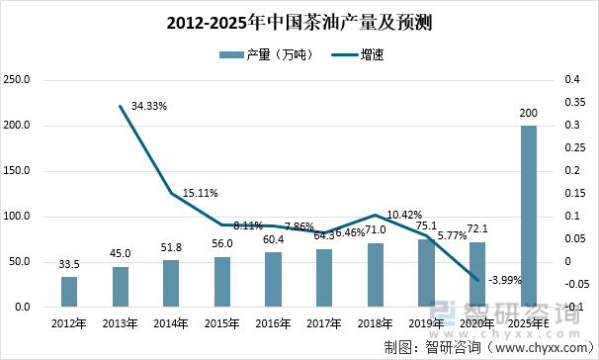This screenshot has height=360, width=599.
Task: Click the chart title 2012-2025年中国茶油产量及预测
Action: pyautogui.click(x=299, y=21)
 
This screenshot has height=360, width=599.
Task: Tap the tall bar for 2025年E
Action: pyautogui.click(x=529, y=216)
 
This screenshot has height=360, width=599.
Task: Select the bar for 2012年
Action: pyautogui.click(x=69, y=292)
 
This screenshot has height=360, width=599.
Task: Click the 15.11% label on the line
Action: pyautogui.click(x=200, y=193)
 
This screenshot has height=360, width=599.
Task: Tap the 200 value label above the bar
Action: pyautogui.click(x=529, y=115)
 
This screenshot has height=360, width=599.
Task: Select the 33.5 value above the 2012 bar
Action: pyautogui.click(x=69, y=265)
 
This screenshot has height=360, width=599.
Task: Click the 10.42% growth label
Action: pyautogui.click(x=406, y=214)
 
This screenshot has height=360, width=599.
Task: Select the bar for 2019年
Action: pyautogui.click(x=427, y=273)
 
